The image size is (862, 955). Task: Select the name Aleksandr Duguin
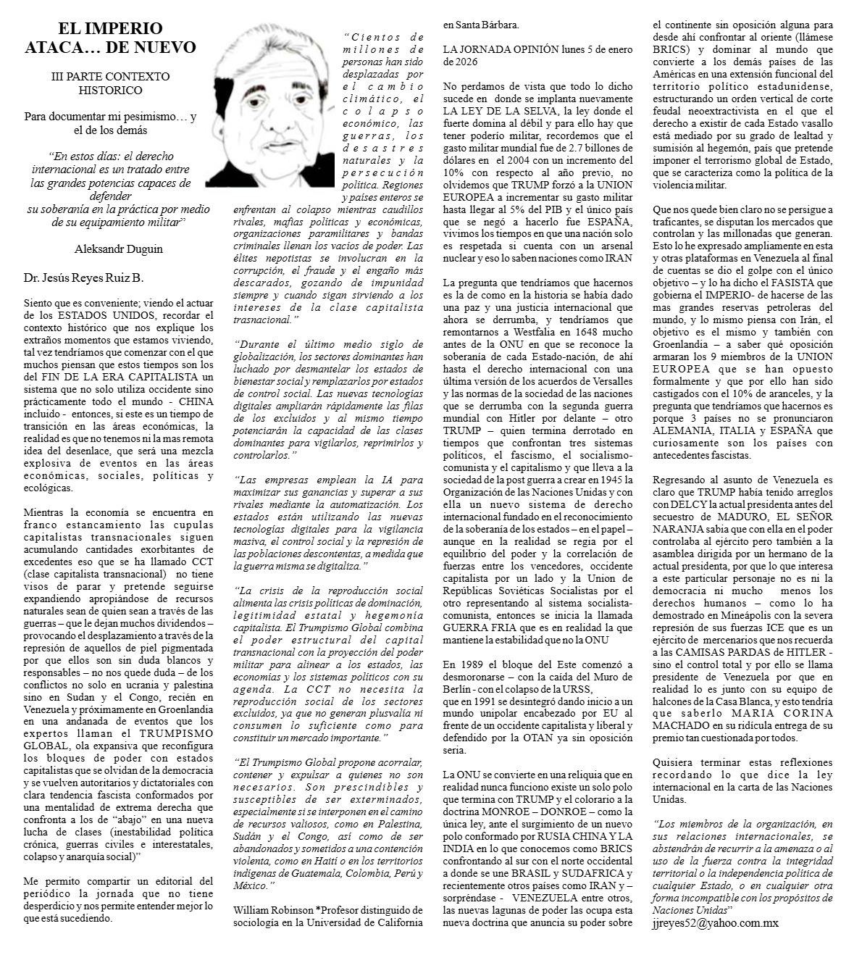119,249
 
